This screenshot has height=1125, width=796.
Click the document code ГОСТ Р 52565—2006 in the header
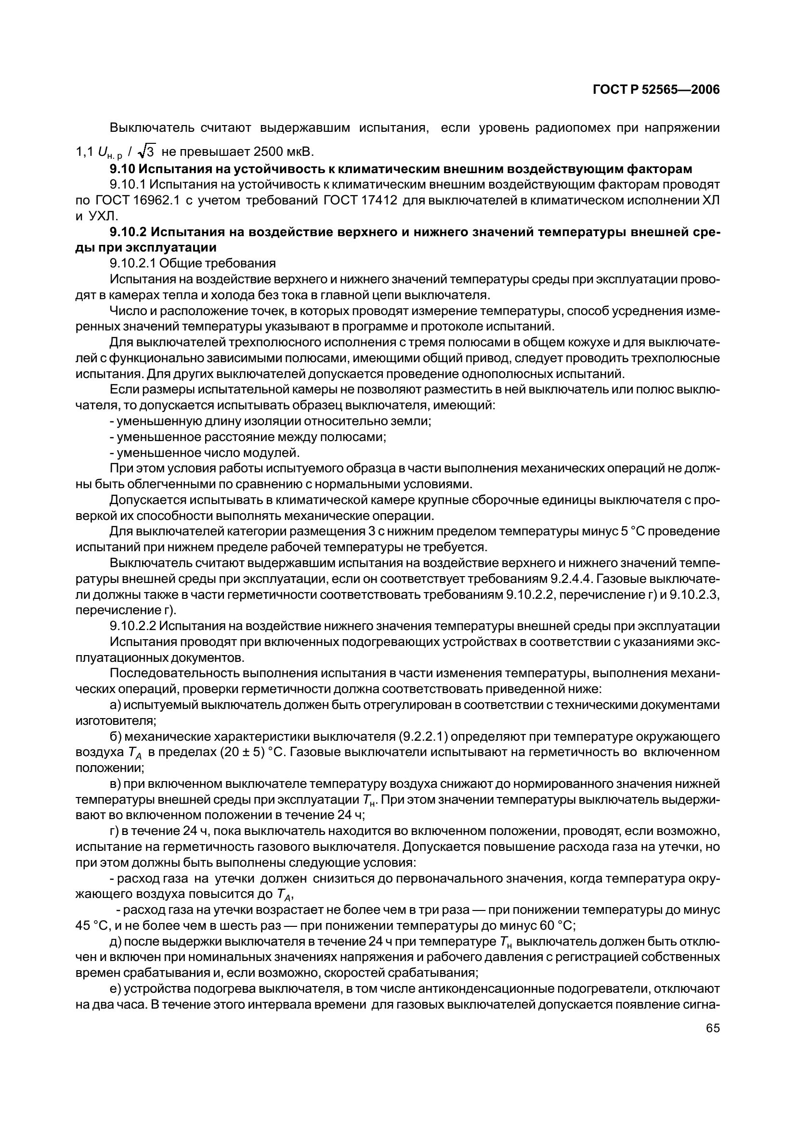[656, 89]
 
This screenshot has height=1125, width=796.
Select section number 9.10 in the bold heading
[123, 169]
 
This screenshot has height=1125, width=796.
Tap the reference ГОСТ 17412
[360, 201]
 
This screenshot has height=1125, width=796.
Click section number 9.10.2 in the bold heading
[129, 232]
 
